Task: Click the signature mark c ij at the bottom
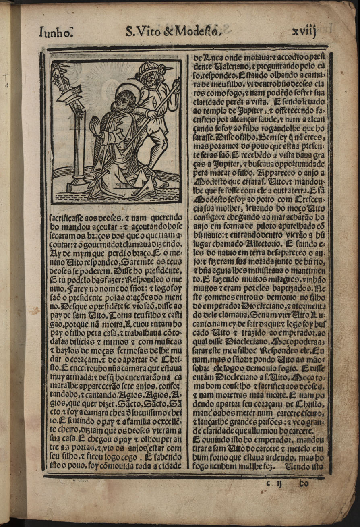(274, 483)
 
